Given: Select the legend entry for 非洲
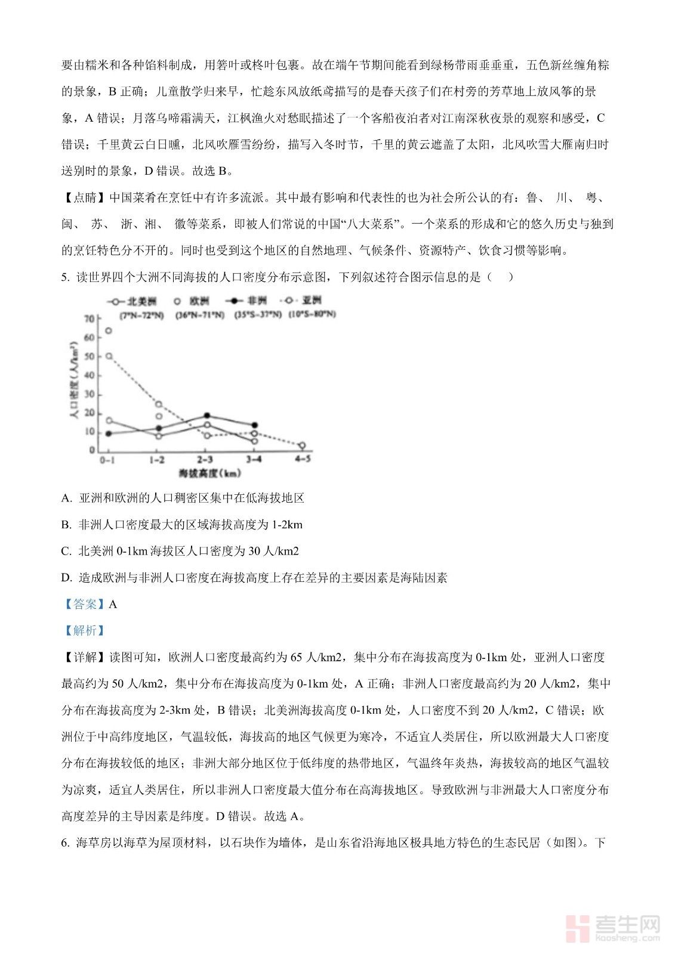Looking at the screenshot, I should (x=247, y=301).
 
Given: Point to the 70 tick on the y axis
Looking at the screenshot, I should (x=90, y=319).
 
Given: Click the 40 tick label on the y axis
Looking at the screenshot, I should (x=90, y=375).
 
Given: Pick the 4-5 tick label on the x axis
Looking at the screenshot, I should (x=303, y=459).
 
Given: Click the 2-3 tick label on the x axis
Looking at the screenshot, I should (x=205, y=460).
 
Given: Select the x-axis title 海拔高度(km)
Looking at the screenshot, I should (x=210, y=473).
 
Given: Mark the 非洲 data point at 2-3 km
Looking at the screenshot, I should (x=206, y=416).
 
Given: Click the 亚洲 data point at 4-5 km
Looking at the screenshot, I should (x=302, y=445).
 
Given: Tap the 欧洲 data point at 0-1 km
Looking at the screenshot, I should (x=109, y=330).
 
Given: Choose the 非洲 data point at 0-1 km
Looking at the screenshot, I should (x=109, y=433).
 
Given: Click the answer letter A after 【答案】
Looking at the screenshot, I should (x=113, y=605).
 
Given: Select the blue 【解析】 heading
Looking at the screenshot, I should (x=85, y=631).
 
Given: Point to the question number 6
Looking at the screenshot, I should (x=65, y=843).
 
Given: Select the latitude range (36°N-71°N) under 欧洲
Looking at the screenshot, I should (x=200, y=315).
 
